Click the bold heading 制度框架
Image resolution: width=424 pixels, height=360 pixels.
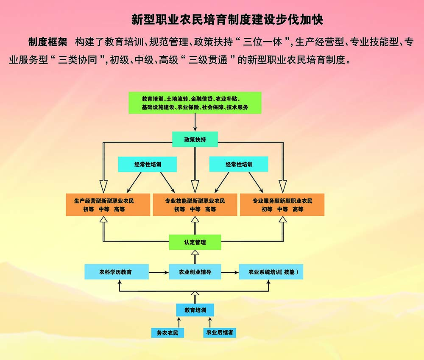point(48,42)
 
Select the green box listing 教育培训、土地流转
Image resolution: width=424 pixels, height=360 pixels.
point(195,103)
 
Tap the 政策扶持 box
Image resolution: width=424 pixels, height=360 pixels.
point(195,139)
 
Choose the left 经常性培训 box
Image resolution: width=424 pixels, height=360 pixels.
point(147,164)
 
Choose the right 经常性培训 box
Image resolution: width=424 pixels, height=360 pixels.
point(239,164)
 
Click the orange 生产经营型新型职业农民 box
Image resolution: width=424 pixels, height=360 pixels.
point(108,205)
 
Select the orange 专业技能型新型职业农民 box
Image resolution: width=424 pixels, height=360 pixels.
point(195,205)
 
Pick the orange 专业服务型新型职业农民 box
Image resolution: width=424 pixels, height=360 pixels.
point(282,205)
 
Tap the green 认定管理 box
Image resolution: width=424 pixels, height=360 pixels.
point(195,242)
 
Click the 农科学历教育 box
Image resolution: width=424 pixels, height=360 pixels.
point(117,272)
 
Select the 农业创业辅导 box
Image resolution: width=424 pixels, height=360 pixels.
point(195,272)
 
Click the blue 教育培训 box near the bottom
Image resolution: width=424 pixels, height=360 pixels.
point(195,310)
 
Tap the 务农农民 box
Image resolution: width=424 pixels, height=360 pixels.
point(167,332)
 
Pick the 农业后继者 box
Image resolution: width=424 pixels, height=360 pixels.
point(220,332)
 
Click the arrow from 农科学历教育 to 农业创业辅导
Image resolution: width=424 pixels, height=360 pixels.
point(159,272)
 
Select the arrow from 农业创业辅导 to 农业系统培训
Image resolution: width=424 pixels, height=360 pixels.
point(230,272)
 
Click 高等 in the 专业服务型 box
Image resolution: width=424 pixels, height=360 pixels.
point(298,209)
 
